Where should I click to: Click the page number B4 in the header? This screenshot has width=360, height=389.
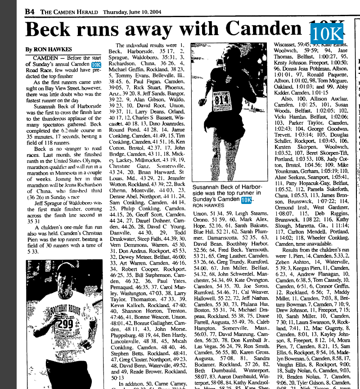pyautogui.click(x=30, y=11)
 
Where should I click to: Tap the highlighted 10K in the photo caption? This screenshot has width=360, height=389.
pyautogui.click(x=246, y=199)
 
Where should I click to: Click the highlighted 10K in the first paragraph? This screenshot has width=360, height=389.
pyautogui.click(x=96, y=64)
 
